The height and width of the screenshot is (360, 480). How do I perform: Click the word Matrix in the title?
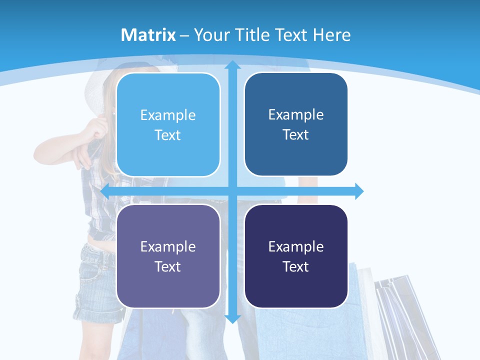[148, 35]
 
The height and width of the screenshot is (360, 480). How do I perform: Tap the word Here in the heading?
[331, 35]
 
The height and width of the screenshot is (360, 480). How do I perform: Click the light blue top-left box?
[168, 125]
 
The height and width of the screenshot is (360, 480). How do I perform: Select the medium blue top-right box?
[296, 124]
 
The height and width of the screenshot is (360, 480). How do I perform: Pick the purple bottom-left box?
[168, 256]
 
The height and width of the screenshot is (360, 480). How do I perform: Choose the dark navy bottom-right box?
[296, 256]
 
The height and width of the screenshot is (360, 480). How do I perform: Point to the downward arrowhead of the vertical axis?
[232, 318]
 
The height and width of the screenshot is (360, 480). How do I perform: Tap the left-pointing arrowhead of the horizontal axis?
[105, 191]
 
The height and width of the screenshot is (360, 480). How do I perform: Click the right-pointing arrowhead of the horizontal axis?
[359, 191]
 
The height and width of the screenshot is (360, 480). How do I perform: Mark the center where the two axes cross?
[232, 191]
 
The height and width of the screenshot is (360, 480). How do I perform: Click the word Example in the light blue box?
[168, 115]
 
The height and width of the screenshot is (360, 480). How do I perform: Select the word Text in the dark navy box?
[296, 266]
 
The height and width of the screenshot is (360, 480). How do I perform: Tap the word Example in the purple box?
[168, 246]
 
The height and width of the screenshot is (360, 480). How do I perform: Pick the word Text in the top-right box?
[296, 134]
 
